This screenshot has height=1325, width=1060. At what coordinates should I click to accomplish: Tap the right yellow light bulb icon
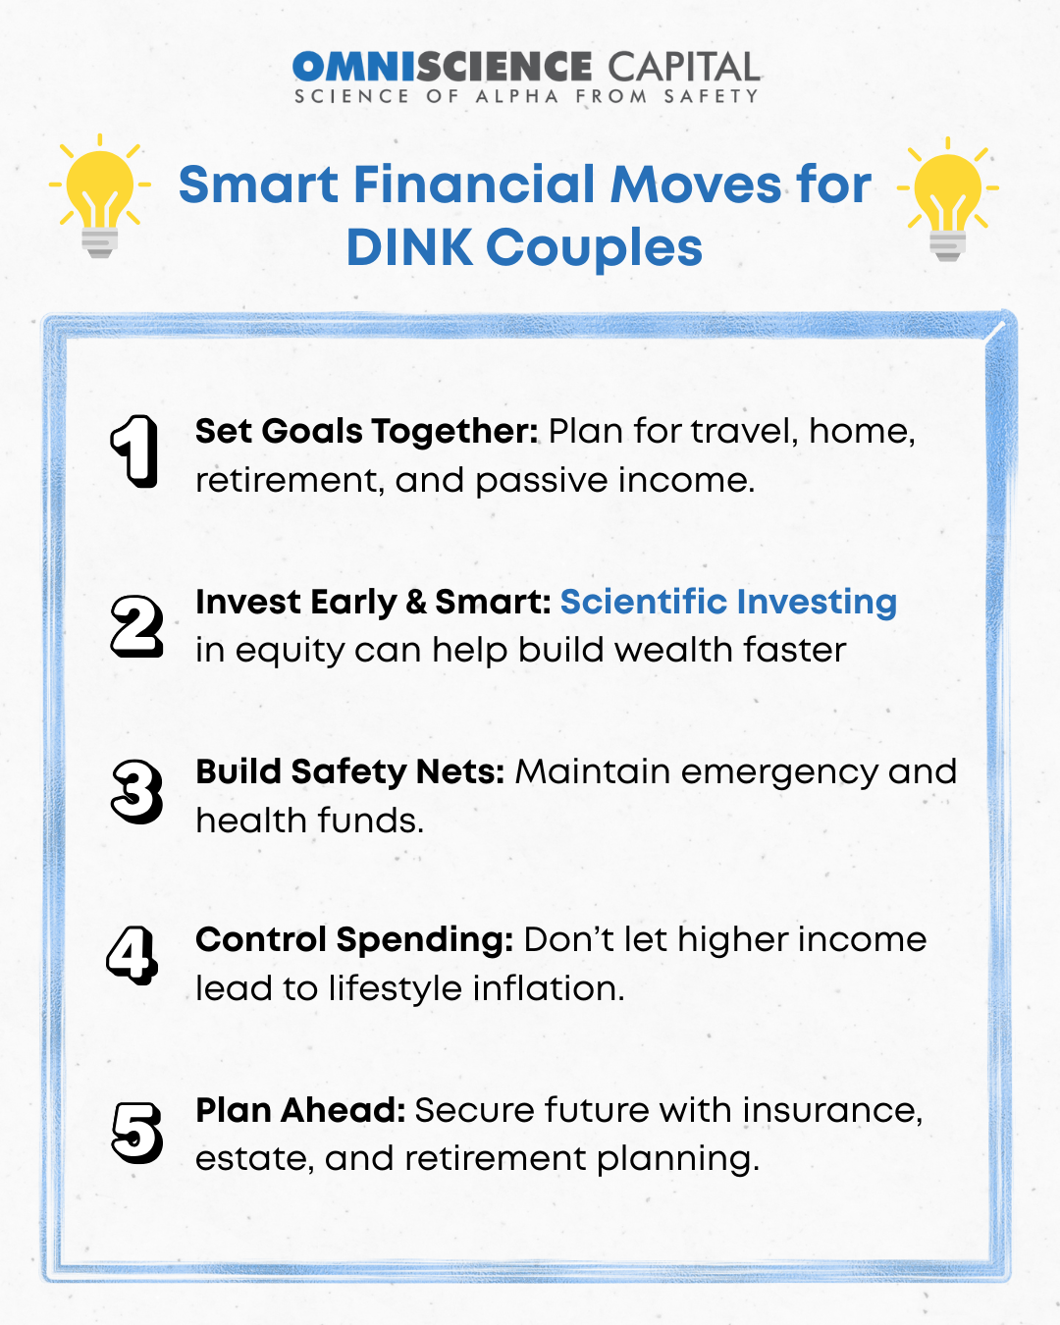tap(947, 199)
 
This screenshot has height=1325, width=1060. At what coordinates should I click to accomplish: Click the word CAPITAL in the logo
tap(684, 67)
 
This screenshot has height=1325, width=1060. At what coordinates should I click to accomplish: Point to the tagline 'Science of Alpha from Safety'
tap(526, 96)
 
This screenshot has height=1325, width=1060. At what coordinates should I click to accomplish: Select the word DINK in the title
tap(409, 247)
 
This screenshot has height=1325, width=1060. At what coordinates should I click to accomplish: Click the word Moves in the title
tap(695, 185)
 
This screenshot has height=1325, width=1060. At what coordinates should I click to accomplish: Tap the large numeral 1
tap(133, 451)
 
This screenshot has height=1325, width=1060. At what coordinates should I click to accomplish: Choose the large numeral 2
tap(136, 625)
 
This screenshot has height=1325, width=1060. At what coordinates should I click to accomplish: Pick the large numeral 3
tap(136, 792)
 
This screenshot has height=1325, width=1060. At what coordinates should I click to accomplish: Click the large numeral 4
tap(132, 955)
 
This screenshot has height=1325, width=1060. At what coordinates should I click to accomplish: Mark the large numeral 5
tap(136, 1133)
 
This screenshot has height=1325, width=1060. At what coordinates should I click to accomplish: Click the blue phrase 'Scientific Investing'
tap(728, 603)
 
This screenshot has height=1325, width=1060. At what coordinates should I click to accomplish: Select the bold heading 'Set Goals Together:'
tap(367, 432)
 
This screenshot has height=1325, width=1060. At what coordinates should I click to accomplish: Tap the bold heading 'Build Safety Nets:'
tap(350, 772)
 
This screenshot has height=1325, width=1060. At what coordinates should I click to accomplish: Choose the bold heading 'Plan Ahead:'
tap(300, 1110)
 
